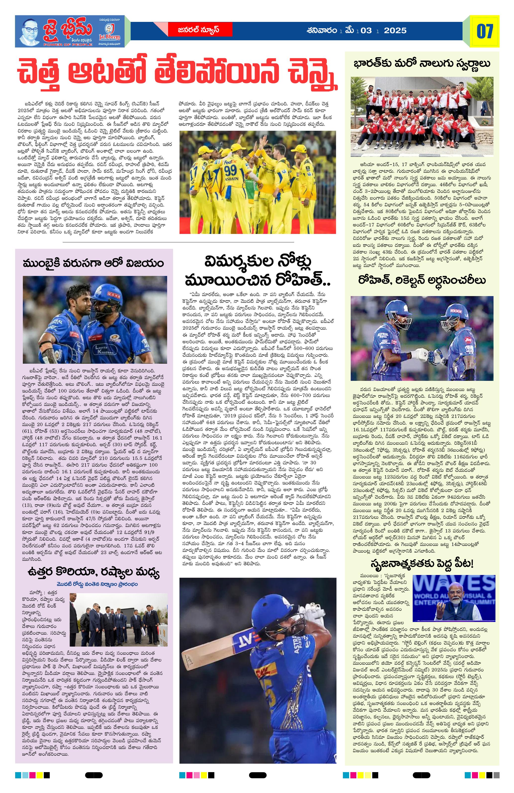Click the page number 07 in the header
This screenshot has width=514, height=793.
pyautogui.click(x=485, y=31)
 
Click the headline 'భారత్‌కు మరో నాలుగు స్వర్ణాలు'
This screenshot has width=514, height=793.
pyautogui.click(x=422, y=63)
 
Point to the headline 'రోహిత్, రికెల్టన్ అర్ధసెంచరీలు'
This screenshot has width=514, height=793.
pyautogui.click(x=422, y=280)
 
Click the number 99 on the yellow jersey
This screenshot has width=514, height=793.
pyautogui.click(x=230, y=170)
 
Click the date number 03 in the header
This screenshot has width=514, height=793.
pyautogui.click(x=366, y=31)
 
